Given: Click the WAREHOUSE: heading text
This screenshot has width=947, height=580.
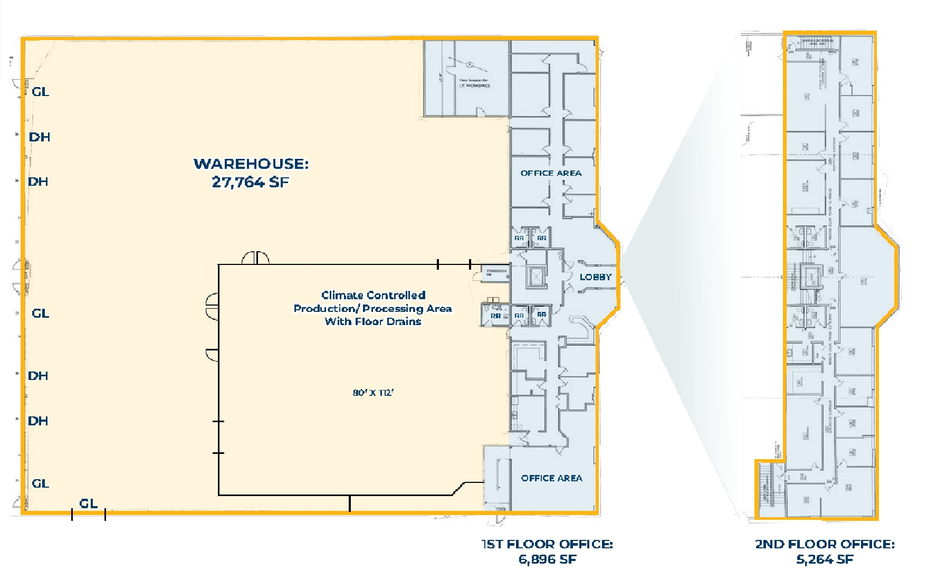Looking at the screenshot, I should point(251,164).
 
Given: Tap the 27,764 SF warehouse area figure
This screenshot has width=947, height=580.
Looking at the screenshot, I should point(250,182).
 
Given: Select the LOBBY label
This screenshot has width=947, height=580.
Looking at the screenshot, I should point(595,277).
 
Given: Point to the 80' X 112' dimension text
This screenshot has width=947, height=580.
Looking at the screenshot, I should point(374,393).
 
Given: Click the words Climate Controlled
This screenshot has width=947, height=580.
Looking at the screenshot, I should point(373,295).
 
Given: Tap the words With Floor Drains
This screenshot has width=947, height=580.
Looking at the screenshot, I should point(373,321).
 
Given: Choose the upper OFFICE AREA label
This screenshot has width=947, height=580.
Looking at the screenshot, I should point(551,173).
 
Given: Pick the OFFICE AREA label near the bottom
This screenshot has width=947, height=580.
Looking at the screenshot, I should point(551,478).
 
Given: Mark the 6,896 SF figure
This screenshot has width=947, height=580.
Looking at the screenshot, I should point(547,559).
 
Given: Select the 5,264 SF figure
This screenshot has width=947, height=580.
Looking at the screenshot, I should point(824,559).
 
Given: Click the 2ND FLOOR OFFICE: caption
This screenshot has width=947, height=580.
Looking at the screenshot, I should point(824,544).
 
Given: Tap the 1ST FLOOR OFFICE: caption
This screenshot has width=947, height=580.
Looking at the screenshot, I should point(547,544).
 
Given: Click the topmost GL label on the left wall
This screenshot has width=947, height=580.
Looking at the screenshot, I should point(40,92).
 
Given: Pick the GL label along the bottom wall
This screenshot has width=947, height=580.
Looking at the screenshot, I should point(88,503).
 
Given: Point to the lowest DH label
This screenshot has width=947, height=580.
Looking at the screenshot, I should point(38,421).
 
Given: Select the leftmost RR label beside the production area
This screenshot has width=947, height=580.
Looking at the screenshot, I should point(495,316).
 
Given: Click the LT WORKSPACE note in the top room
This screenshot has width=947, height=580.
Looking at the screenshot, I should point(474,85).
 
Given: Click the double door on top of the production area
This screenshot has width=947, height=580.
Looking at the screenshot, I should point(256,258).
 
